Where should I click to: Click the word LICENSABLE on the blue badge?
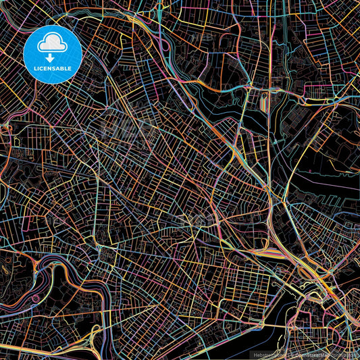pos(53,68)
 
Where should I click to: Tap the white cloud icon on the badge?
pos(53,42)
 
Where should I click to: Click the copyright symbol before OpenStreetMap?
pos(288,354)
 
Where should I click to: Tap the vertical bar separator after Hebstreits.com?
pos(283,354)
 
